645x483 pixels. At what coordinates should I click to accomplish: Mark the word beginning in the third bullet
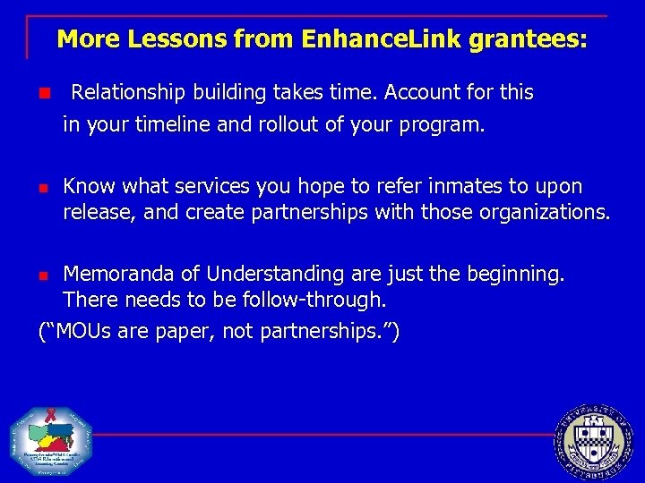[518, 274]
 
